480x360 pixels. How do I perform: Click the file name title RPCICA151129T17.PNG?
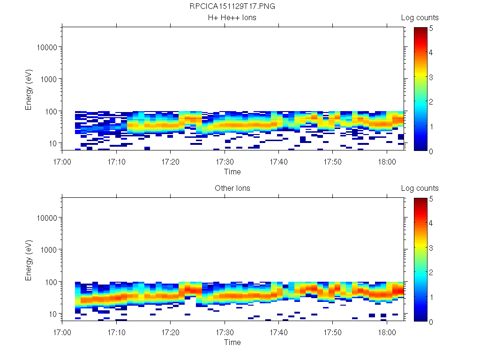[232, 7]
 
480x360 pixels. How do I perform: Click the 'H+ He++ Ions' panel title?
[232, 18]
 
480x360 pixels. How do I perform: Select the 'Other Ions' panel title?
[232, 188]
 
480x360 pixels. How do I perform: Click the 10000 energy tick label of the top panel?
[47, 48]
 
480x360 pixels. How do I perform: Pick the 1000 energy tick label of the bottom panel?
[49, 250]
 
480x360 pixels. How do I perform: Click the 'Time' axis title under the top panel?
[232, 172]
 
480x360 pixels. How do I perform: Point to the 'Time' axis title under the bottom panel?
[232, 342]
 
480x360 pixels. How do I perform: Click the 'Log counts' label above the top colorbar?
[420, 18]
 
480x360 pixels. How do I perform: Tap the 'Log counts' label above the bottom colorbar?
[420, 188]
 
